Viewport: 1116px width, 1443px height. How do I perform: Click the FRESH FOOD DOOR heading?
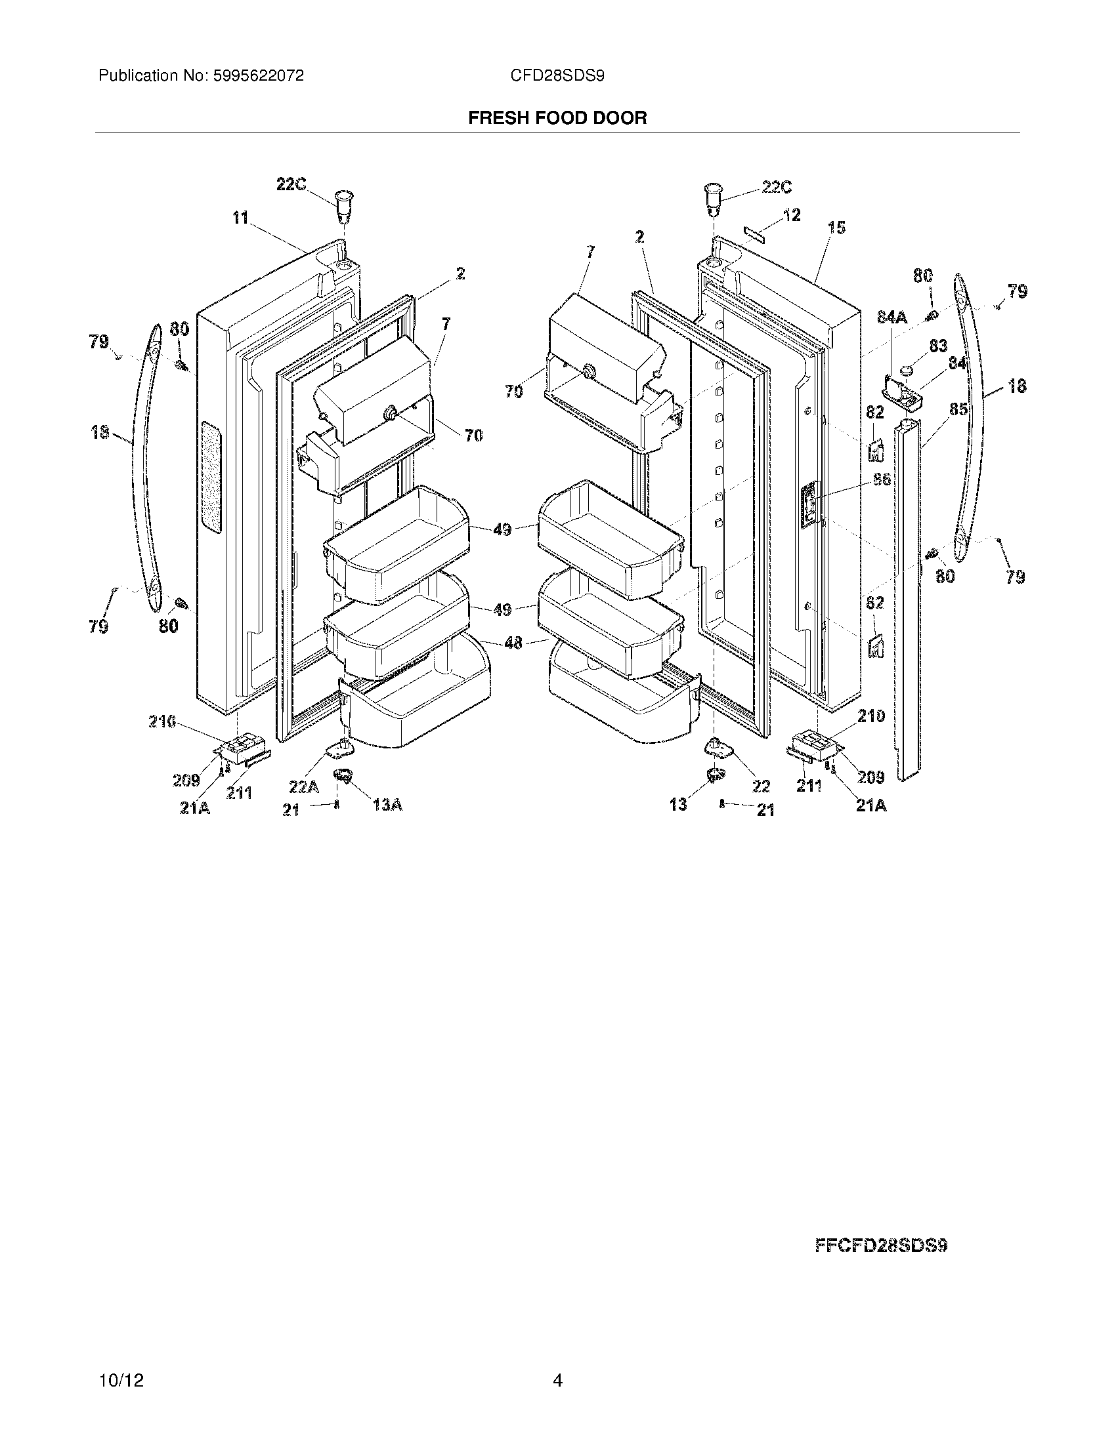click(x=557, y=117)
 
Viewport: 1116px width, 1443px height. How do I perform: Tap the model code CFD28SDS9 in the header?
click(x=557, y=76)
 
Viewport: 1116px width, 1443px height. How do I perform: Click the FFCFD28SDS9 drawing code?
click(x=881, y=1246)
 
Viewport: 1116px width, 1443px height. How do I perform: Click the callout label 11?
click(x=240, y=217)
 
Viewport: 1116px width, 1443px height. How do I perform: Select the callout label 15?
click(x=836, y=228)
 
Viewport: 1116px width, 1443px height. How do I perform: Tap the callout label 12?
click(x=792, y=214)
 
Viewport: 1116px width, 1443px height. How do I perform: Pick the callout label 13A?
click(x=387, y=804)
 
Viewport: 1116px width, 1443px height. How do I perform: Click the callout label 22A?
click(x=303, y=786)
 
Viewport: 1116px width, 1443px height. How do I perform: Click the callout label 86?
click(x=882, y=480)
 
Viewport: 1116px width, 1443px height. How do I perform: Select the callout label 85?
click(x=958, y=409)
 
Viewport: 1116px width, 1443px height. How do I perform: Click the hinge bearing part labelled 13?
click(x=714, y=775)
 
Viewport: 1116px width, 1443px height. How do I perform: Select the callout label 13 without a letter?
click(x=677, y=804)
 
